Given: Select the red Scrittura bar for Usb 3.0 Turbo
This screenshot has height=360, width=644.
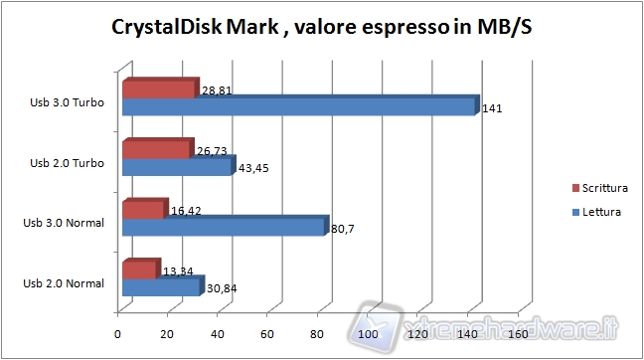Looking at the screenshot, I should pos(158,90).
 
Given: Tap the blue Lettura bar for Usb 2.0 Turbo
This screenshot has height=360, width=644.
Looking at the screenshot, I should pos(176,167).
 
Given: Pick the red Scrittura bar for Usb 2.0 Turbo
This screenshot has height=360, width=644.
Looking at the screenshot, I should pos(155,149).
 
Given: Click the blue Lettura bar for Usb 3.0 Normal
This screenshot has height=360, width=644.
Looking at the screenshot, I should pos(223,228).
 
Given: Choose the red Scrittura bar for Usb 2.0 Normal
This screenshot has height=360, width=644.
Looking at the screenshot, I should pos(138,270).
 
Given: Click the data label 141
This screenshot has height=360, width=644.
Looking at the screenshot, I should pos(491,108).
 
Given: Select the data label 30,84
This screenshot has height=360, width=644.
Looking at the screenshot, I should pos(221,289).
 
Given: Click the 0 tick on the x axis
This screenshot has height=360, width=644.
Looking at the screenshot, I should pos(118,334).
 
